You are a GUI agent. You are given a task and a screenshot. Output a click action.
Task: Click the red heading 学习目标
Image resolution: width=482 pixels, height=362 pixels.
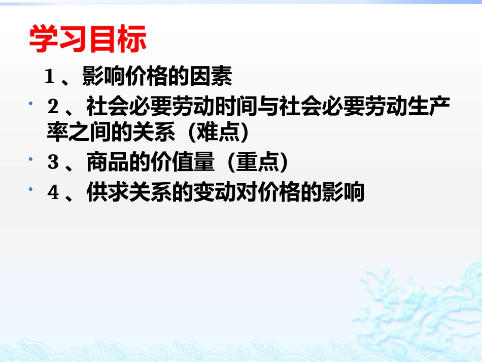(88, 40)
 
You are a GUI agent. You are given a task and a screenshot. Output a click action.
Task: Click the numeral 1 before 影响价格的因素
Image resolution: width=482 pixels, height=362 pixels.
(50, 77)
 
